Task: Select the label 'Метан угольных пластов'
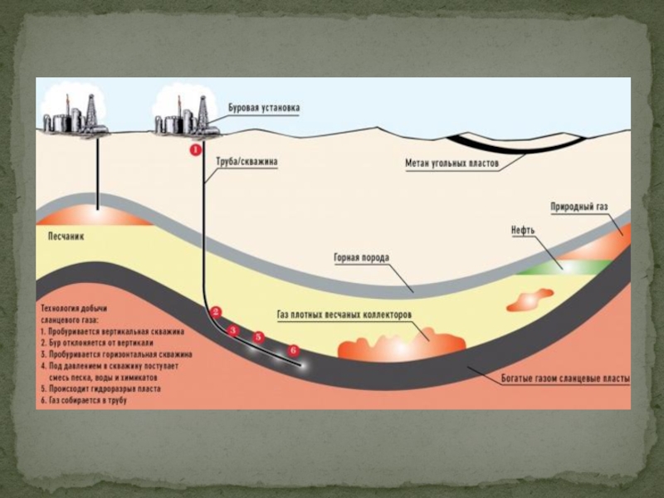pos(452,164)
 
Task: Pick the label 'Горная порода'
pos(361,258)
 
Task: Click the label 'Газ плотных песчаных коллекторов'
pos(344,315)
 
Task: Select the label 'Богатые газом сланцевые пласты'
pos(565,379)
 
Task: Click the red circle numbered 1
pos(196,150)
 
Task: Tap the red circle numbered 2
pos(216,312)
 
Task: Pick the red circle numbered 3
pos(233,330)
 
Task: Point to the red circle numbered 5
pos(258,337)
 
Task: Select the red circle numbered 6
pos(292,350)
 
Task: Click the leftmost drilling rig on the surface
pos(76,114)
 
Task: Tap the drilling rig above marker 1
pos(184,115)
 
